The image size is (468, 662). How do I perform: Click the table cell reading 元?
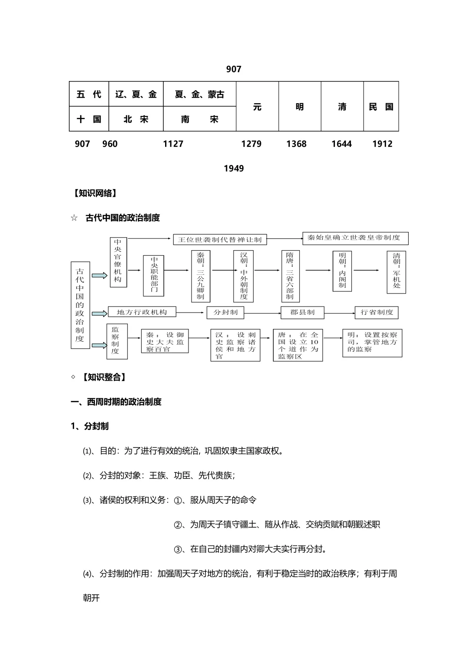[257, 107]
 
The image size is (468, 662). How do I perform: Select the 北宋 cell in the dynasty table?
[136, 119]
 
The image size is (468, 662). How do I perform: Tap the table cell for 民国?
[381, 107]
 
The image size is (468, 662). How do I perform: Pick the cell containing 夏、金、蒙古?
[199, 95]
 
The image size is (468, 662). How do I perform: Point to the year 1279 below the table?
[251, 144]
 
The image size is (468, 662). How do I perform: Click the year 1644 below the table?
[341, 144]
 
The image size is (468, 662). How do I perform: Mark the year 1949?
[234, 169]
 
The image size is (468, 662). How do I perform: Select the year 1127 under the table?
[173, 144]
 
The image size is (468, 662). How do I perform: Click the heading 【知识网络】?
[95, 193]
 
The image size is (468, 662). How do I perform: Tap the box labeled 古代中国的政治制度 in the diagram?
[80, 305]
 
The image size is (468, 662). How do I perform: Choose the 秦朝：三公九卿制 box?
[200, 276]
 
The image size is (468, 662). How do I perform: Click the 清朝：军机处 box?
[396, 273]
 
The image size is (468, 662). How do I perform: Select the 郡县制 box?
[302, 312]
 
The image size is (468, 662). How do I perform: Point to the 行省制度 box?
[377, 312]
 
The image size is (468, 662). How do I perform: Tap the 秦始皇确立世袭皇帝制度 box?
[355, 238]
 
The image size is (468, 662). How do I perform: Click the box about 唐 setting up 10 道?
[298, 345]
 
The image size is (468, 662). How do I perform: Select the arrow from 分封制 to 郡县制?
[262, 313]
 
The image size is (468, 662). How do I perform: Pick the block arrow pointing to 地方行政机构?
[99, 313]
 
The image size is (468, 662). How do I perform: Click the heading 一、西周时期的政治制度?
[116, 402]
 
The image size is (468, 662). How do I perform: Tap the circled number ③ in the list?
[178, 549]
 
